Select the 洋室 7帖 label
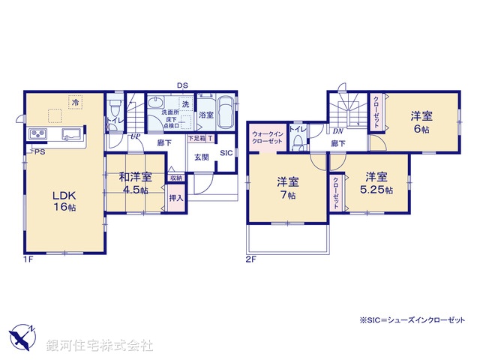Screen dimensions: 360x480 288,187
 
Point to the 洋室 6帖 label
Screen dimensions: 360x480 419,122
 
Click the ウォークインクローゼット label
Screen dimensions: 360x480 267,136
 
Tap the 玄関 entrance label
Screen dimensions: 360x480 202,157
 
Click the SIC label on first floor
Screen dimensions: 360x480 226,153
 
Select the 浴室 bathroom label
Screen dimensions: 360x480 205,115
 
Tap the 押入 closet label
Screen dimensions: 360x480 175,199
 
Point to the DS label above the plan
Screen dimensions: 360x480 182,85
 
